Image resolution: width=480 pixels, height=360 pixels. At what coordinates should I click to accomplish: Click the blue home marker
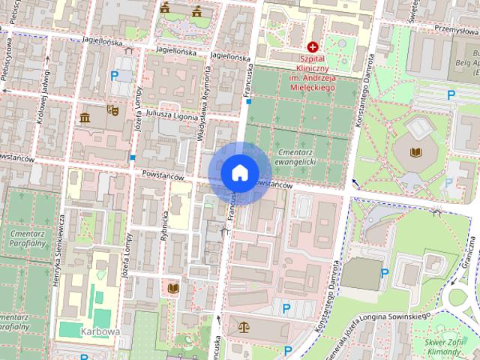pos(239,172)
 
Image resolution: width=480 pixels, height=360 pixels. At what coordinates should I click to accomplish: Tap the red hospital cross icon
pos(313,46)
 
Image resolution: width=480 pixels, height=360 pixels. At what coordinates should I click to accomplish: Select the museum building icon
pos(84,118)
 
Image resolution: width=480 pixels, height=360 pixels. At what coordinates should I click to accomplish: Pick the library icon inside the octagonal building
pos(415,152)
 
